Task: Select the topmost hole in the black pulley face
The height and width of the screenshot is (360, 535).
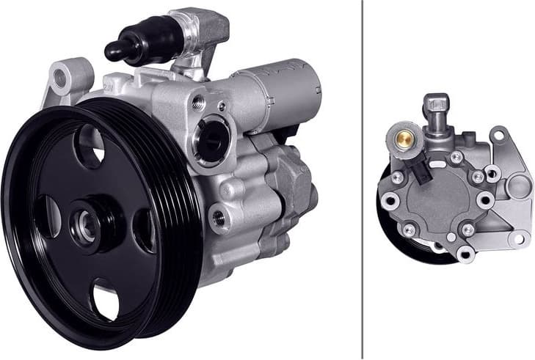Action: coord(91,145)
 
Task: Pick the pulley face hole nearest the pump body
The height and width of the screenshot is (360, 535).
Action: coord(145,230)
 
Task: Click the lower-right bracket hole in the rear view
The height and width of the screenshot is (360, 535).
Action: coord(519,238)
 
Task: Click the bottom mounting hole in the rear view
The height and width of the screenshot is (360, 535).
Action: coord(463,254)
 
